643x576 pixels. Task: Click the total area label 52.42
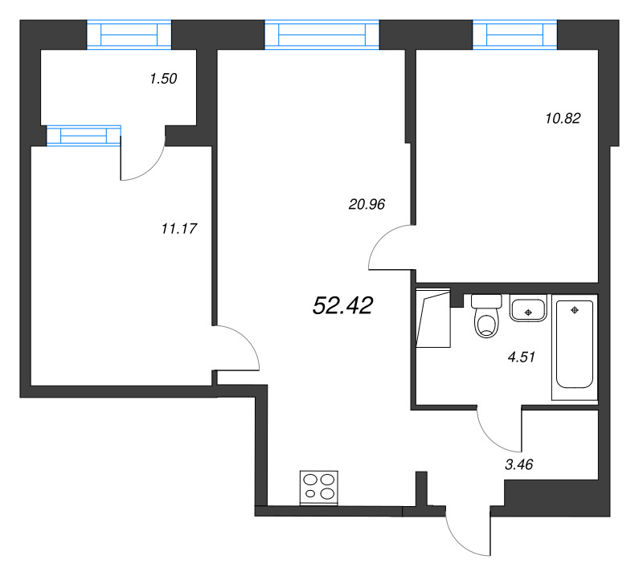pos(343,306)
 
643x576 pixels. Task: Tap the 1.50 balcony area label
pos(163,78)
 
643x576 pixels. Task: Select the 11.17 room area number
pos(179,228)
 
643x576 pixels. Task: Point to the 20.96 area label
pos(367,204)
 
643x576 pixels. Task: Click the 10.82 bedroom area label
pos(563,118)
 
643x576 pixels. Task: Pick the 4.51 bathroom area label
pos(521,357)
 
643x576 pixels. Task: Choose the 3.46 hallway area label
pos(518,464)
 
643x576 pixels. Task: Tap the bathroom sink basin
pos(528,308)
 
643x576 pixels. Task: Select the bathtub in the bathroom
pos(575,347)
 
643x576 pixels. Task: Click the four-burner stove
pos(319,488)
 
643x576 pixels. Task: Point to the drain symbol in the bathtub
pos(575,310)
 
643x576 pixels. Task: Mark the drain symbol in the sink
pos(528,313)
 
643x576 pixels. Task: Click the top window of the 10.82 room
pos(514,35)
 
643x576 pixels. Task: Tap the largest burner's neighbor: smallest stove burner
pos(310,493)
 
